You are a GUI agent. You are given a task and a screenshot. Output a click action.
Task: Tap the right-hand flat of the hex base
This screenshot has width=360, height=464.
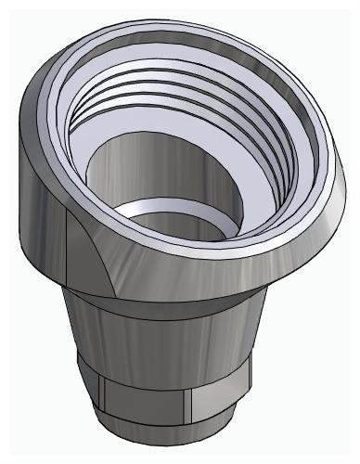click(218, 404)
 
